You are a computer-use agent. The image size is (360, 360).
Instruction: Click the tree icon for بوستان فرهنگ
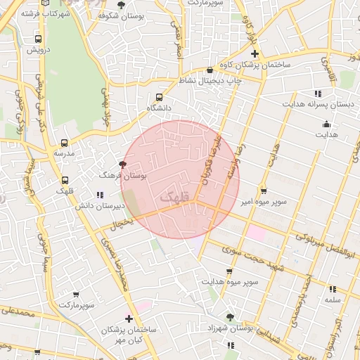click(124, 165)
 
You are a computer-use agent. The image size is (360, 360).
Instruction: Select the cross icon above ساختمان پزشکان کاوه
click(255, 53)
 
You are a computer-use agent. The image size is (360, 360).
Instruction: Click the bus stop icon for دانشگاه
click(158, 97)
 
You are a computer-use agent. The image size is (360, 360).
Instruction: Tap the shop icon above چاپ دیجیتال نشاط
click(210, 70)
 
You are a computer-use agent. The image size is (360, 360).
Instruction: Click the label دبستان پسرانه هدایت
click(317, 104)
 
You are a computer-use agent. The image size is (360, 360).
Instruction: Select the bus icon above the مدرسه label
click(65, 142)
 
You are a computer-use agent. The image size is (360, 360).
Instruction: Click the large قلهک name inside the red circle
click(175, 198)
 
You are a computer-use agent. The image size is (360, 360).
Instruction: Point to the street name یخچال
click(120, 224)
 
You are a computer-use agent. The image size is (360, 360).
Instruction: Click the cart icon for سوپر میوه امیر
click(263, 190)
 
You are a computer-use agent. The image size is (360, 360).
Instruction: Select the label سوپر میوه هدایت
click(229, 282)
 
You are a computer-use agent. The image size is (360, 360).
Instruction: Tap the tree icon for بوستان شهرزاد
click(231, 316)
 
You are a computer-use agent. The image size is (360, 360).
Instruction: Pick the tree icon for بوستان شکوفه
click(121, 4)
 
